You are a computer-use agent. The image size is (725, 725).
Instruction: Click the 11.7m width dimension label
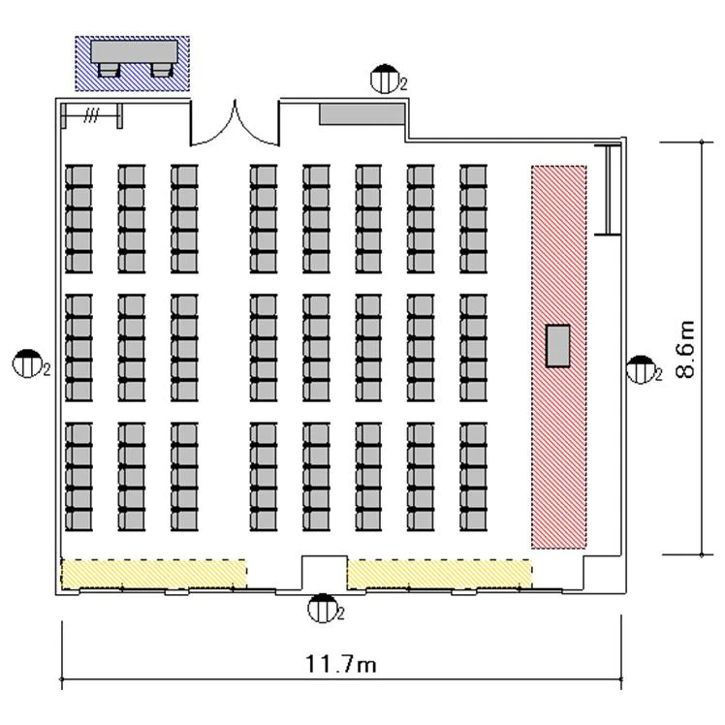tap(341, 664)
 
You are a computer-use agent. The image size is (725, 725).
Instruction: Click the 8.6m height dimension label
tap(685, 349)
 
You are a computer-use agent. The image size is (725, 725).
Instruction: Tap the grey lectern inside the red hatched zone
tap(557, 346)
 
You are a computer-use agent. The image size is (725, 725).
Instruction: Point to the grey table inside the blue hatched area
tap(134, 51)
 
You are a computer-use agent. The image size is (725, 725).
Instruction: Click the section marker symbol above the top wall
tap(385, 79)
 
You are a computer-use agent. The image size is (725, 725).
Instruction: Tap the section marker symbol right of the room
tap(641, 369)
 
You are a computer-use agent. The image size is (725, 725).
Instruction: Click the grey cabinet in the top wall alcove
tap(362, 114)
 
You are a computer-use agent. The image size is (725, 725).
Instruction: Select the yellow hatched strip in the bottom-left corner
tap(153, 574)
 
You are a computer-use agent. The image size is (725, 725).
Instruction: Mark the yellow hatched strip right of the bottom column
tap(439, 574)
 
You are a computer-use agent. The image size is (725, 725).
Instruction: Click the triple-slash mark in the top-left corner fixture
tap(91, 115)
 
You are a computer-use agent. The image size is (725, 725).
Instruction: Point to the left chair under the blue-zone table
tap(110, 71)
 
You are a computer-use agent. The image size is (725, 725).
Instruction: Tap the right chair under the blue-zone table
tap(161, 71)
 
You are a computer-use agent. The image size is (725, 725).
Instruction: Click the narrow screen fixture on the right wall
tap(609, 190)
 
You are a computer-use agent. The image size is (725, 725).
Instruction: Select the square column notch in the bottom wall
tap(325, 573)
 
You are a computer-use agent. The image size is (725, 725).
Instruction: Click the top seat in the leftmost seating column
tap(79, 175)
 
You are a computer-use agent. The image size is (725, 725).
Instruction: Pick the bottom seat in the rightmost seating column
tap(473, 520)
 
